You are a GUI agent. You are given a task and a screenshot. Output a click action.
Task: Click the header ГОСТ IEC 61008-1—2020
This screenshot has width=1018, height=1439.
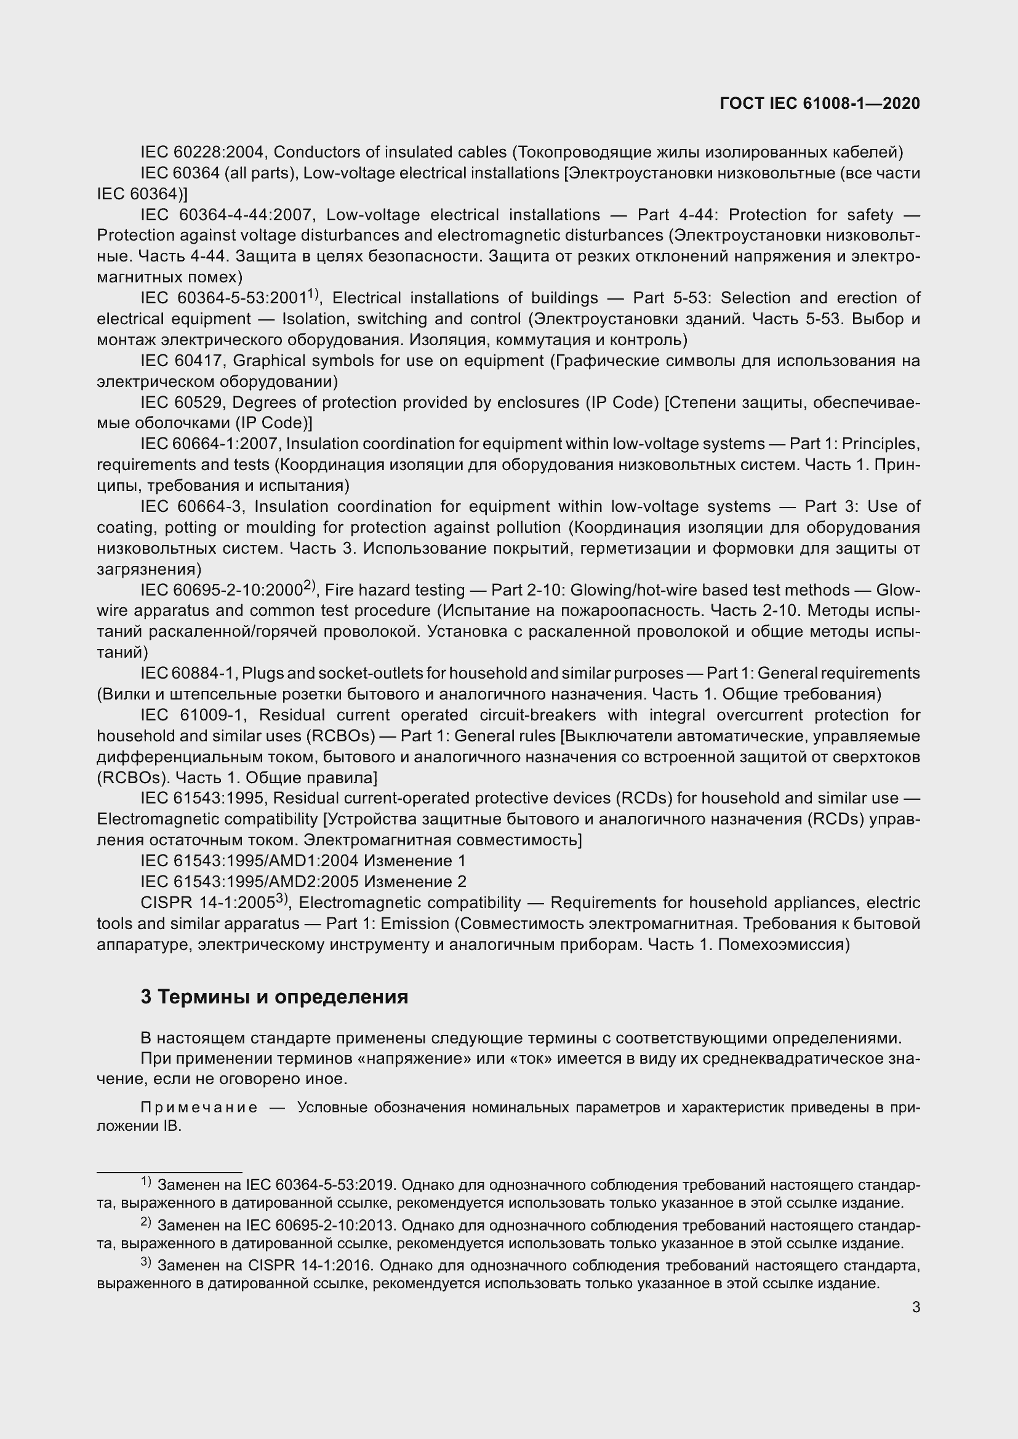820,103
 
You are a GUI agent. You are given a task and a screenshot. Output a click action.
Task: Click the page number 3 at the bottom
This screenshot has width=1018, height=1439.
916,1307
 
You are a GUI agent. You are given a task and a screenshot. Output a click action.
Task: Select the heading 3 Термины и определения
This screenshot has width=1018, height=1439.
274,997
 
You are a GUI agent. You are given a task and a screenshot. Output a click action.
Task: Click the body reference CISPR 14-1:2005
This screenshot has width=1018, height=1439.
207,903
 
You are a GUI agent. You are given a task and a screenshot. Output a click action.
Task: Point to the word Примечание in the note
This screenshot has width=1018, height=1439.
199,1107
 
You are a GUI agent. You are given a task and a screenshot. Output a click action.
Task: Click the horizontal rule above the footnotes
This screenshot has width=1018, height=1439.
169,1172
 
